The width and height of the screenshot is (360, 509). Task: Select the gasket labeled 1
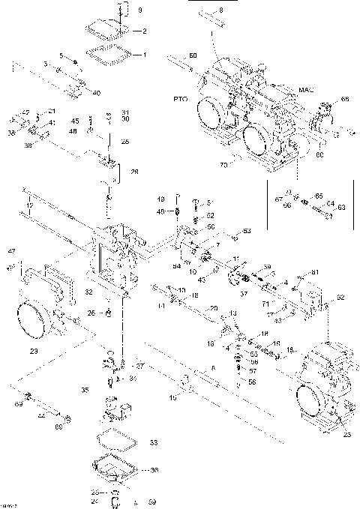112,54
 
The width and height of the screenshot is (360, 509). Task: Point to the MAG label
307,91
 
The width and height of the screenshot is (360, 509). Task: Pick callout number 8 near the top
220,10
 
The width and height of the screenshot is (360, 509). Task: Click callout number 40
96,93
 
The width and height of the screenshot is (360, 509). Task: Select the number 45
74,121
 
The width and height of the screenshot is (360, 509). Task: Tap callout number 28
134,172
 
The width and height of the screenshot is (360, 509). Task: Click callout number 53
246,232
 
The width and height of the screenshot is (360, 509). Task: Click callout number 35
84,391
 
